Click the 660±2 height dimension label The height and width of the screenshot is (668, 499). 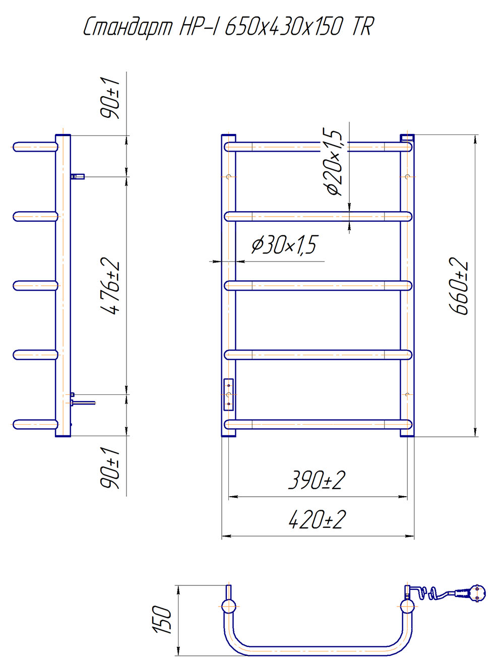(459, 286)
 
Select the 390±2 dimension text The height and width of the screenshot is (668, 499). (317, 481)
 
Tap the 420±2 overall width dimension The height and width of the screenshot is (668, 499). (317, 521)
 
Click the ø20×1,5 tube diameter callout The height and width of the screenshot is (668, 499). (334, 163)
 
